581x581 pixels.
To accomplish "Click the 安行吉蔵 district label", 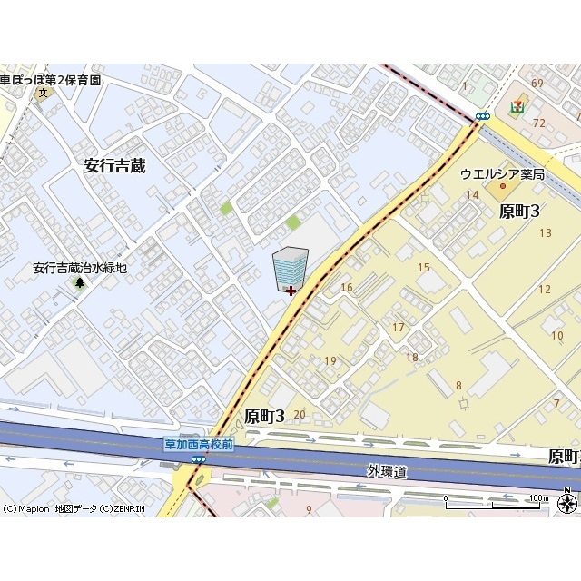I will pyautogui.click(x=114, y=165).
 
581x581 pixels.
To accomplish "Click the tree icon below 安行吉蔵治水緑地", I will pyautogui.click(x=80, y=282).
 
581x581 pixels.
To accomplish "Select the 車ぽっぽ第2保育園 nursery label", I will pyautogui.click(x=51, y=80).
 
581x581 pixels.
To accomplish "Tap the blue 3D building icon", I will pyautogui.click(x=290, y=270).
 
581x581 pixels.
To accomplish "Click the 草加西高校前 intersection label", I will pyautogui.click(x=199, y=444).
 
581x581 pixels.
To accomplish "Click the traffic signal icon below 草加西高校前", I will pyautogui.click(x=199, y=459).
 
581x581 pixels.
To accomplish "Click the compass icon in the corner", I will pyautogui.click(x=568, y=502).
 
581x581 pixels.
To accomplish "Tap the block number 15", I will pyautogui.click(x=424, y=267).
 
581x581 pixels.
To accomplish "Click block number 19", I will pyautogui.click(x=330, y=360).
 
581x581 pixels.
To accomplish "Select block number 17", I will pyautogui.click(x=398, y=327).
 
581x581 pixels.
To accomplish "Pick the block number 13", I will pyautogui.click(x=545, y=233).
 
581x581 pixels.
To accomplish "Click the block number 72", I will pyautogui.click(x=537, y=122).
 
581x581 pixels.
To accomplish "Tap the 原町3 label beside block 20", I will pyautogui.click(x=265, y=416).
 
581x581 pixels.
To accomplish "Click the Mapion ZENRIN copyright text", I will pyautogui.click(x=74, y=508).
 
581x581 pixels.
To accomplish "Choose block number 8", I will pyautogui.click(x=458, y=385).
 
